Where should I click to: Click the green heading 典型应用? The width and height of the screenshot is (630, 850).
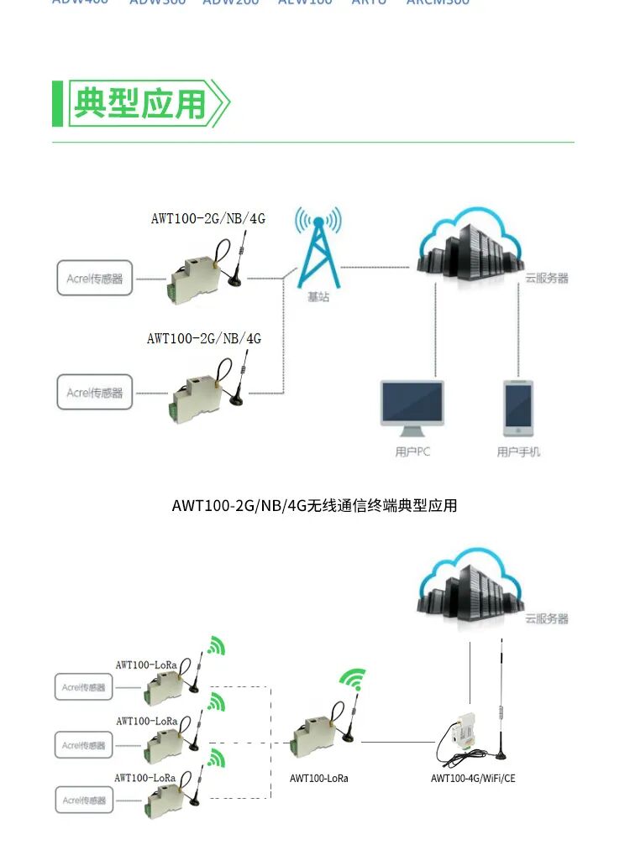tap(139, 103)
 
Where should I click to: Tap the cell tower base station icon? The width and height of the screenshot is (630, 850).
tap(318, 247)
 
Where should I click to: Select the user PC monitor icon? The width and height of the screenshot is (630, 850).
tap(412, 408)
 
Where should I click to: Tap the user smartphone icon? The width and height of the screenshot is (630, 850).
tap(517, 408)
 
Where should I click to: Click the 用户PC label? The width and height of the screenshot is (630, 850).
tap(412, 452)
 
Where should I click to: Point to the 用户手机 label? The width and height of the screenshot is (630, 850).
tap(518, 452)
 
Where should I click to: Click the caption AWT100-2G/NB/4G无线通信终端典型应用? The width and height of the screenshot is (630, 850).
tap(314, 505)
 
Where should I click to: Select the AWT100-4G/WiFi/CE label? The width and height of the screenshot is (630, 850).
tap(473, 779)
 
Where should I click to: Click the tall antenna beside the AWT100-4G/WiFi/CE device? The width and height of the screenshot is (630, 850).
tap(501, 696)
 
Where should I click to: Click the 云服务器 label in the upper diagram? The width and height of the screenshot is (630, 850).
tap(547, 278)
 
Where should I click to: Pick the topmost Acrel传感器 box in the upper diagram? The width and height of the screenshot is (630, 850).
tap(95, 278)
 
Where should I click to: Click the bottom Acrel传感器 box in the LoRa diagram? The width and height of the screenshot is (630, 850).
tap(84, 800)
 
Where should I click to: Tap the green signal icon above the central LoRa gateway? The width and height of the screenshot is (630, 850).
tap(354, 680)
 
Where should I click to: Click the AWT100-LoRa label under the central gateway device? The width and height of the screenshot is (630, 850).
tap(319, 779)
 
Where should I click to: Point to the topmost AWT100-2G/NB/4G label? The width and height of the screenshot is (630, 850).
tap(207, 219)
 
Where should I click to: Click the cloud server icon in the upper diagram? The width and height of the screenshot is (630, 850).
tap(468, 248)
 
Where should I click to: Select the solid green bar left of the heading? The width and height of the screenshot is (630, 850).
tap(58, 103)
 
